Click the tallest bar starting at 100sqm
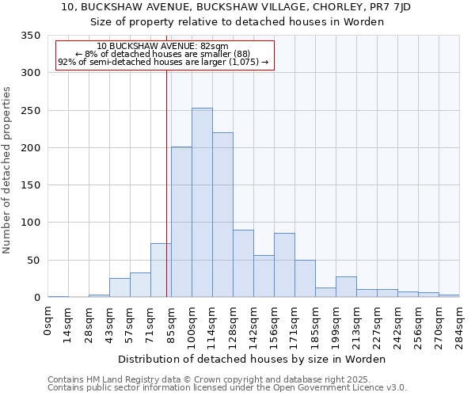(202, 203)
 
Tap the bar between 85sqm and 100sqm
(181, 223)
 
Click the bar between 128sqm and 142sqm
(243, 264)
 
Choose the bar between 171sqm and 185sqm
(305, 279)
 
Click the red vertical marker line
(166, 182)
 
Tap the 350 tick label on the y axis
(30, 36)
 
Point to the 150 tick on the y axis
(30, 185)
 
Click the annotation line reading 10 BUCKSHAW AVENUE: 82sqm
(162, 47)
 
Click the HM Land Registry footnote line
(215, 379)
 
